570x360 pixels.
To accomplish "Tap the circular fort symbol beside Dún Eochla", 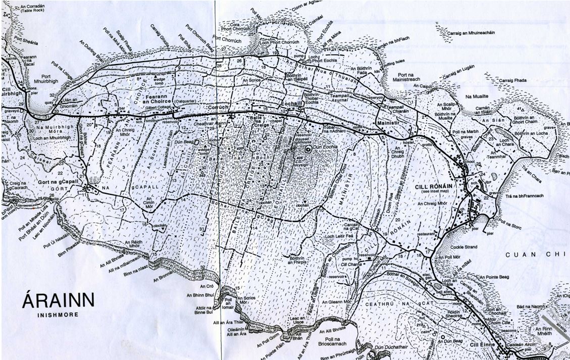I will [x=308, y=149].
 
